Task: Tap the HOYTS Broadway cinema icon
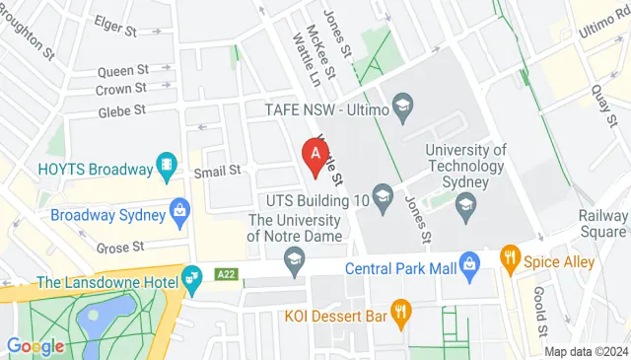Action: click(x=168, y=168)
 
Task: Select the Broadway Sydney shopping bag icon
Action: click(x=179, y=210)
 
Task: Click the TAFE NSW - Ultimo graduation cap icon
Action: click(x=402, y=106)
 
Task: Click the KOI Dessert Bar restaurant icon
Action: click(x=400, y=315)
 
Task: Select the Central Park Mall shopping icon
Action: click(x=470, y=266)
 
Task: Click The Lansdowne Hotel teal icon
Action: click(x=193, y=283)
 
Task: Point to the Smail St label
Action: click(x=217, y=172)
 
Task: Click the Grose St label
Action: click(x=125, y=245)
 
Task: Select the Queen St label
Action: click(x=123, y=71)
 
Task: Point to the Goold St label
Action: click(x=541, y=311)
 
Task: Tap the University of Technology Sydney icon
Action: click(x=466, y=205)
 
